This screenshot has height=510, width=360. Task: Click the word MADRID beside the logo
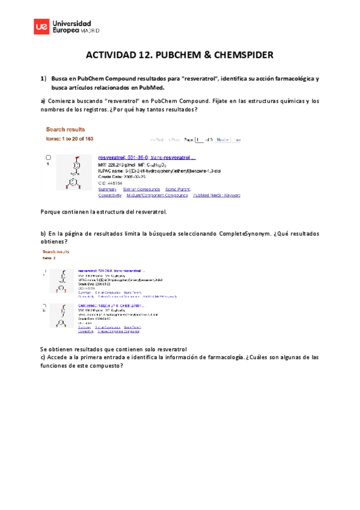point(90,29)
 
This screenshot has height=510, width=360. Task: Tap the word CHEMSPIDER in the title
point(243,55)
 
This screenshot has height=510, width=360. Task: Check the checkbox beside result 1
point(49,157)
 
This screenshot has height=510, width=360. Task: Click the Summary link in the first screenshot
point(107,188)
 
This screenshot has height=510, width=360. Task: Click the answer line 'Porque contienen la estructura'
point(103,212)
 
